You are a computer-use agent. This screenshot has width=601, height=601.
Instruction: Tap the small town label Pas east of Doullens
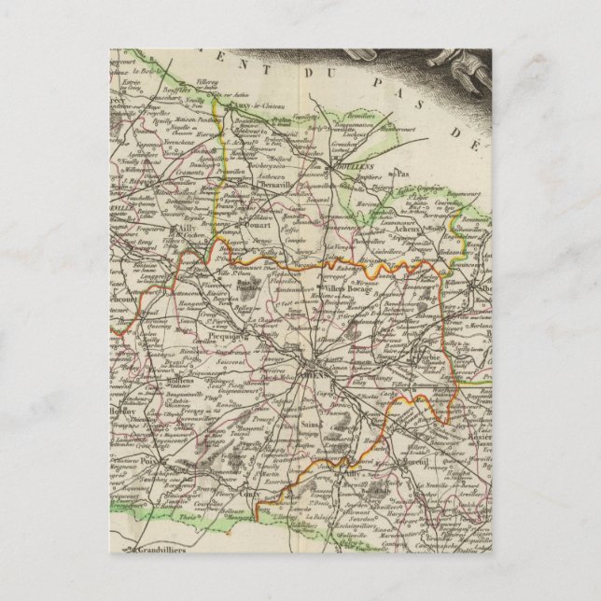click(x=402, y=174)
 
